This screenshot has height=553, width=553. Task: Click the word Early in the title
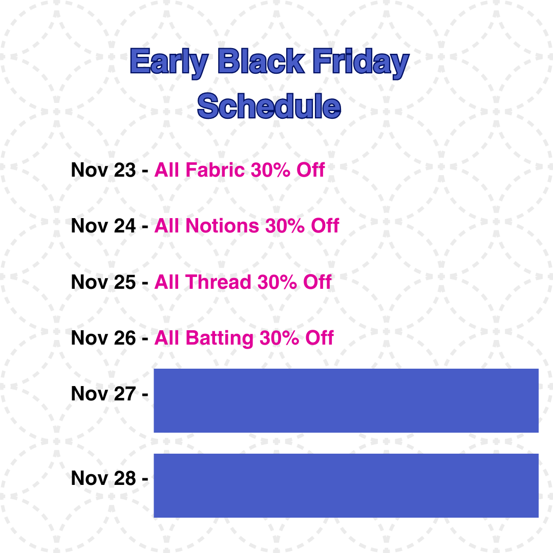(x=169, y=63)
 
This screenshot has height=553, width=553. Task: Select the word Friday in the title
(x=361, y=63)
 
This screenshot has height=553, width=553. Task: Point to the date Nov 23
(x=103, y=170)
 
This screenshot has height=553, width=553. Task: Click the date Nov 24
(x=103, y=226)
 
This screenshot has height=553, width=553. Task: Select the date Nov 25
(x=103, y=282)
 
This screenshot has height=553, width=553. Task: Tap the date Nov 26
(x=103, y=338)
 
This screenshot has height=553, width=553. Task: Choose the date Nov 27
(x=103, y=394)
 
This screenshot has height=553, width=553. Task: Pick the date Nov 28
(x=103, y=478)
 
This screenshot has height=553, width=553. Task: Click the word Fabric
(x=215, y=169)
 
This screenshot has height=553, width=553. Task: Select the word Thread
(x=218, y=282)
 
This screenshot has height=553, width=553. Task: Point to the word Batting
(x=219, y=338)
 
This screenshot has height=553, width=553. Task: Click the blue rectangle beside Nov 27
(x=346, y=400)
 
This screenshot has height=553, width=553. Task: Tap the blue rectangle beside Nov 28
(x=346, y=485)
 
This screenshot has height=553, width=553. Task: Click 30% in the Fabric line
(x=270, y=170)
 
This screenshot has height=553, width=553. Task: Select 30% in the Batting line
(x=280, y=338)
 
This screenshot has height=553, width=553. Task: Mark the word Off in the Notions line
(x=325, y=226)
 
